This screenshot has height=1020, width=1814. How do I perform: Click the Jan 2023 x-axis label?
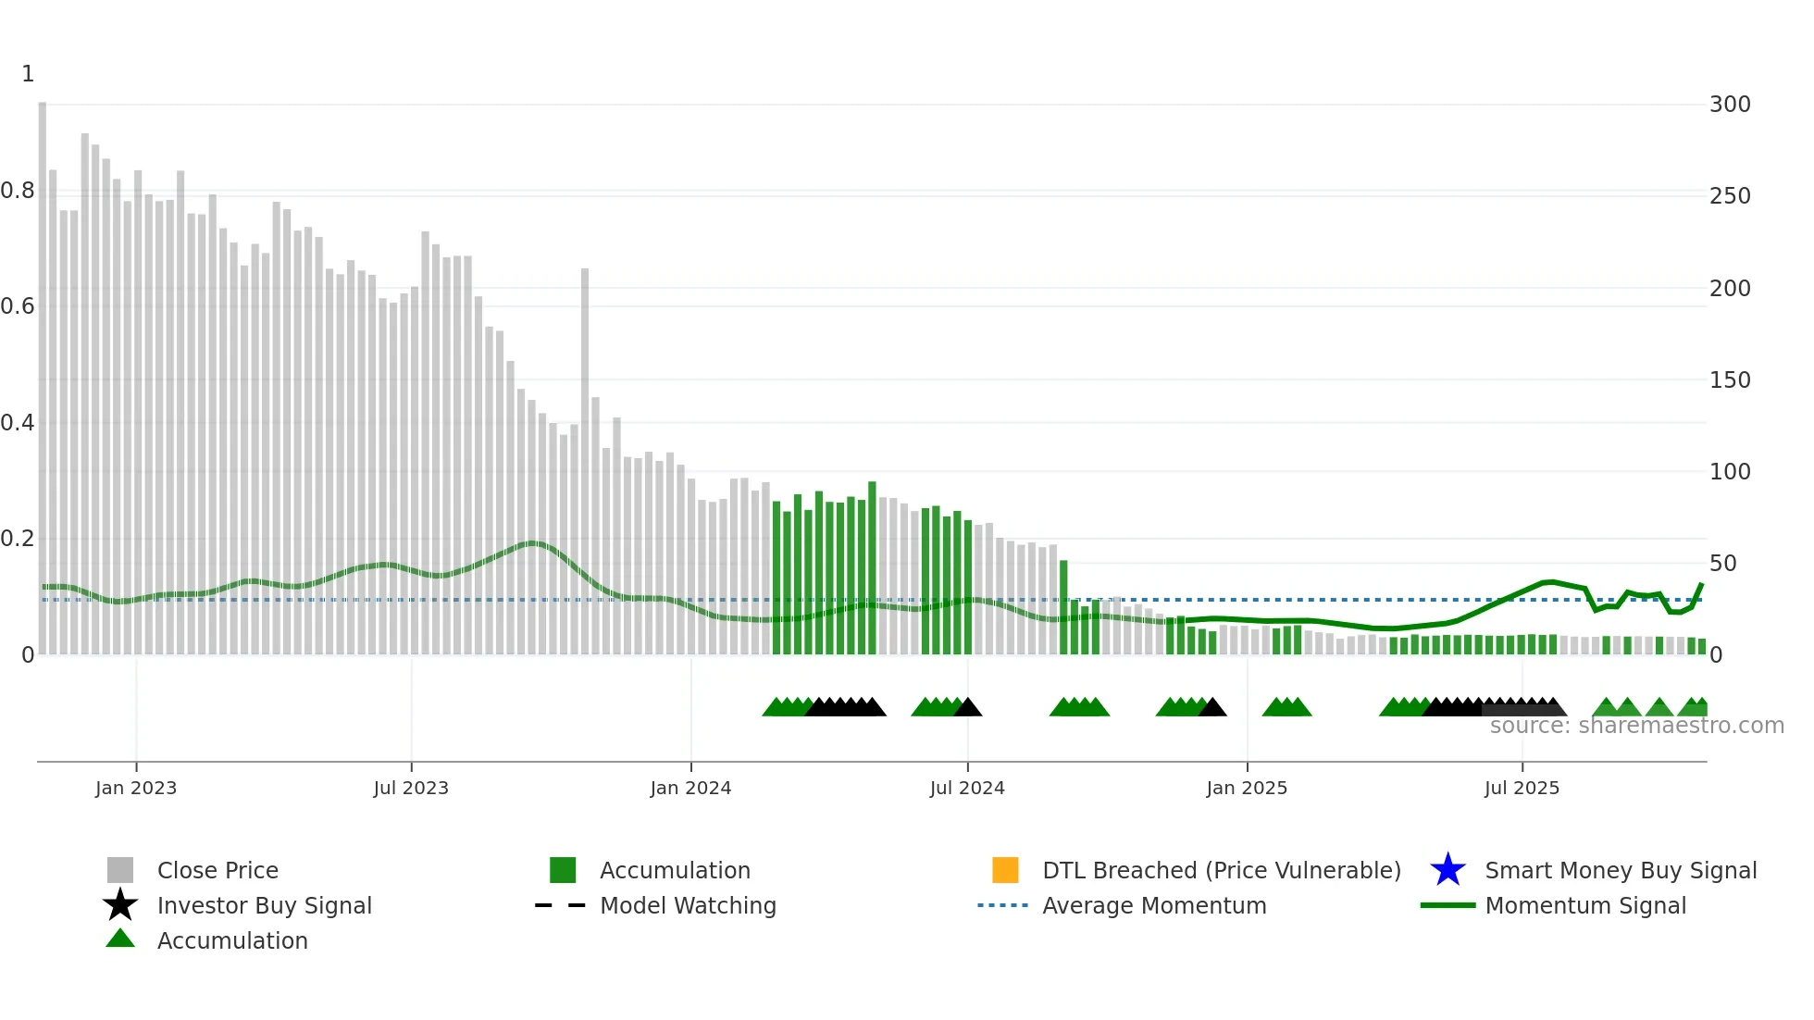point(135,788)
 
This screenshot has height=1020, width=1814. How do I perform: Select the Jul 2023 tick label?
point(411,788)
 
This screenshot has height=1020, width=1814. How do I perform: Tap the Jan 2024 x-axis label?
point(690,788)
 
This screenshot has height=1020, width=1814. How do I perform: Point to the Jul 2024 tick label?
point(967,788)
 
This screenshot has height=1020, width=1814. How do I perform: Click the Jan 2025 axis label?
point(1247,788)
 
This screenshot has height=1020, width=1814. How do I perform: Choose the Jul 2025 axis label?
point(1522,788)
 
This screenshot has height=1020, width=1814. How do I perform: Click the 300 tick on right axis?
point(1730,105)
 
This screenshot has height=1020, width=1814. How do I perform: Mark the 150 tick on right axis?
point(1730,380)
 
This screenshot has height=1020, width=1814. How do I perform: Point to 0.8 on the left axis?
point(18,192)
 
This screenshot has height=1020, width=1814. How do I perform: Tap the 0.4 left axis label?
point(18,423)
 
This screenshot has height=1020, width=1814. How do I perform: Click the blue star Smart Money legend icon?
point(1447,870)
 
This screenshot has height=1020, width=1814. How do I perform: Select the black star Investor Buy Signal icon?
point(120,905)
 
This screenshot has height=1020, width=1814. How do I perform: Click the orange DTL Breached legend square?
point(1005,870)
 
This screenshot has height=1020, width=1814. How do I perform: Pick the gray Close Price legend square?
point(120,870)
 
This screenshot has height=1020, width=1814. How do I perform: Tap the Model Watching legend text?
point(688,905)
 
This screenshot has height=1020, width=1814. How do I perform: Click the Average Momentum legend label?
point(1154,905)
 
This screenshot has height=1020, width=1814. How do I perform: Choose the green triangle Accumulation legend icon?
point(120,939)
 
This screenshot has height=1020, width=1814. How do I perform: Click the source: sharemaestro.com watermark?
point(1636,726)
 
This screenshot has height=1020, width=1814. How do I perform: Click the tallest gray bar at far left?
point(43,370)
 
